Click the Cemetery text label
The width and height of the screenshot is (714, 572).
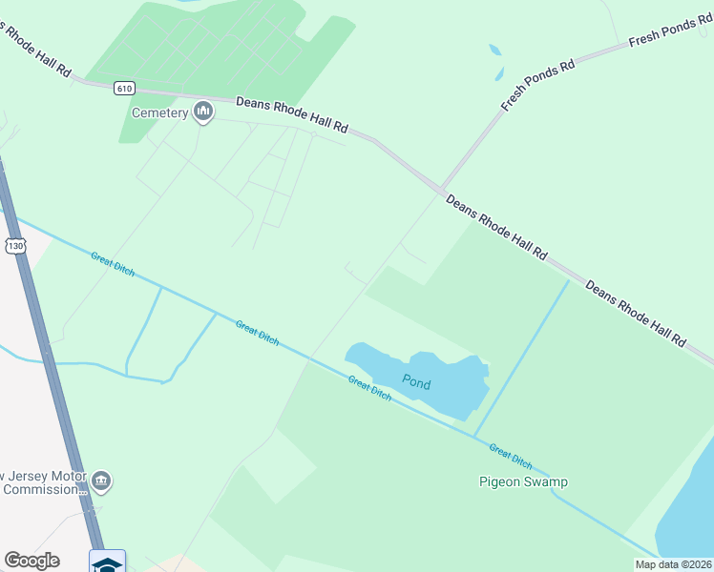(159, 113)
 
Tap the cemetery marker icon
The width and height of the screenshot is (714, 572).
(202, 112)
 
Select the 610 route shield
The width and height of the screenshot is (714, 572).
(124, 89)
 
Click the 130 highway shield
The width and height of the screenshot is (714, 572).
(15, 246)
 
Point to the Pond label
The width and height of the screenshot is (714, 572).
(416, 383)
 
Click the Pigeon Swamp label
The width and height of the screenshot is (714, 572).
(522, 481)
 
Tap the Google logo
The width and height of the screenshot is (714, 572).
(31, 561)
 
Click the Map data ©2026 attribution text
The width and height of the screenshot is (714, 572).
(674, 564)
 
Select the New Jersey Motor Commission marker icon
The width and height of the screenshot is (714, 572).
(102, 482)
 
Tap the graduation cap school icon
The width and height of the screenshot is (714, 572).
(108, 562)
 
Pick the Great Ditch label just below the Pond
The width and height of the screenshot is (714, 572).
(369, 388)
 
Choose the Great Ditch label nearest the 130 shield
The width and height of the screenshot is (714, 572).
(113, 263)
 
